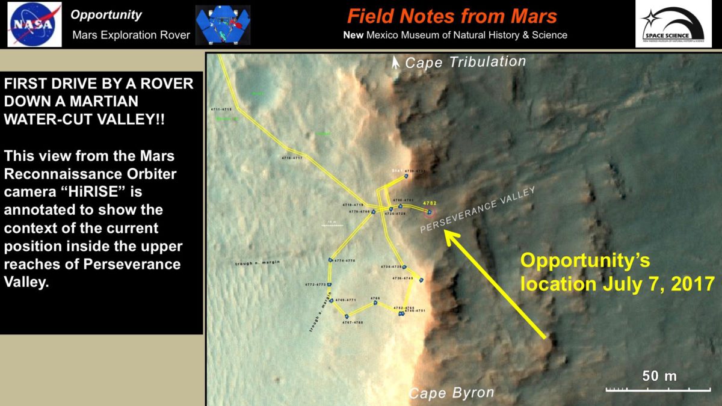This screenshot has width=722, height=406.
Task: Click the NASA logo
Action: coord(34,24)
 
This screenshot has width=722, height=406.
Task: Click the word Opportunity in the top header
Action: coord(106,15)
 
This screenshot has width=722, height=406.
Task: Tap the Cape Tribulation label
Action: coord(465,62)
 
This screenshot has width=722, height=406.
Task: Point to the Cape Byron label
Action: coord(451,393)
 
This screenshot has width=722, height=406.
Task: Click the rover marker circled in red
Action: coord(429,212)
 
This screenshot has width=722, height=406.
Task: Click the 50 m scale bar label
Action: coord(659,377)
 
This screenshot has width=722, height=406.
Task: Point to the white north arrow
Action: coord(395,62)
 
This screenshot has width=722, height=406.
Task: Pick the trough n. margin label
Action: coord(258,263)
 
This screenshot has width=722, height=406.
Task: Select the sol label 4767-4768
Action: coord(353,323)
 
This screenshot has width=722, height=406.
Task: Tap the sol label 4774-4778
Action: coord(345,260)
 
